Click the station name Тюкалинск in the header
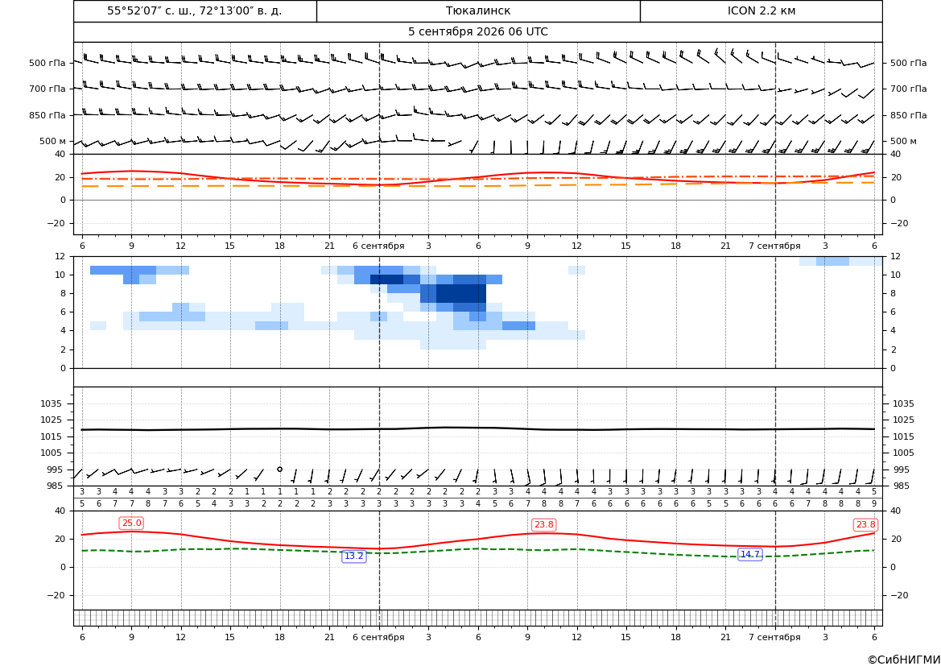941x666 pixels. pos(477,10)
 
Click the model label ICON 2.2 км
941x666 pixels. pos(761,10)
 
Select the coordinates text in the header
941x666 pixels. pos(195,10)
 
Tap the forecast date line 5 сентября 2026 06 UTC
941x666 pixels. pos(477,32)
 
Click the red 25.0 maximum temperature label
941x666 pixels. pos(131,523)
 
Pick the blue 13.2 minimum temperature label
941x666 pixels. pos(353,556)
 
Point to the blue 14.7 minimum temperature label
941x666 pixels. pos(749,554)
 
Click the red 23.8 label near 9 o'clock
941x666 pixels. pos(543,525)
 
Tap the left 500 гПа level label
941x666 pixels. pos(47,63)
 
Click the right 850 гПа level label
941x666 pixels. pos(908,115)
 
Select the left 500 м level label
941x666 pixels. pos(52,141)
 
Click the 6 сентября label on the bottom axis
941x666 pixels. pos(378,637)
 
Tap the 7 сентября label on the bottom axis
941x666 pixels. pos(774,637)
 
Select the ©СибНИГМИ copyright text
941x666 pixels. pos(904,660)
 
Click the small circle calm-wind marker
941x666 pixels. pos(279,469)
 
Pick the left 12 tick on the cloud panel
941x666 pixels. pos(60,256)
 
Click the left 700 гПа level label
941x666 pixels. pos(47,89)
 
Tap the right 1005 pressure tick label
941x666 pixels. pos(903,453)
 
